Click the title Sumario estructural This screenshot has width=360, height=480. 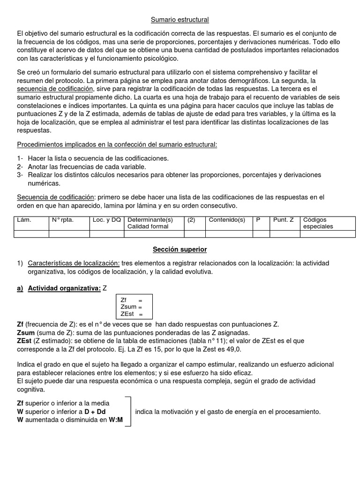[x=180, y=20]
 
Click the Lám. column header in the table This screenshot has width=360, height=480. [x=24, y=219]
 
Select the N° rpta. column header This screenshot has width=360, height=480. [x=62, y=219]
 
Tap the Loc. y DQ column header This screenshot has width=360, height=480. [x=106, y=219]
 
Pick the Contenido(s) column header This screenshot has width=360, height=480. [x=227, y=219]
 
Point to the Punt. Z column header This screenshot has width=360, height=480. [x=284, y=219]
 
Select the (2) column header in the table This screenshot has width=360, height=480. [x=191, y=219]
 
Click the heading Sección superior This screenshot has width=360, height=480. [x=180, y=249]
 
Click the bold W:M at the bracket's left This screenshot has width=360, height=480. [x=115, y=420]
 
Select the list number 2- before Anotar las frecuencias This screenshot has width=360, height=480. [x=20, y=166]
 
